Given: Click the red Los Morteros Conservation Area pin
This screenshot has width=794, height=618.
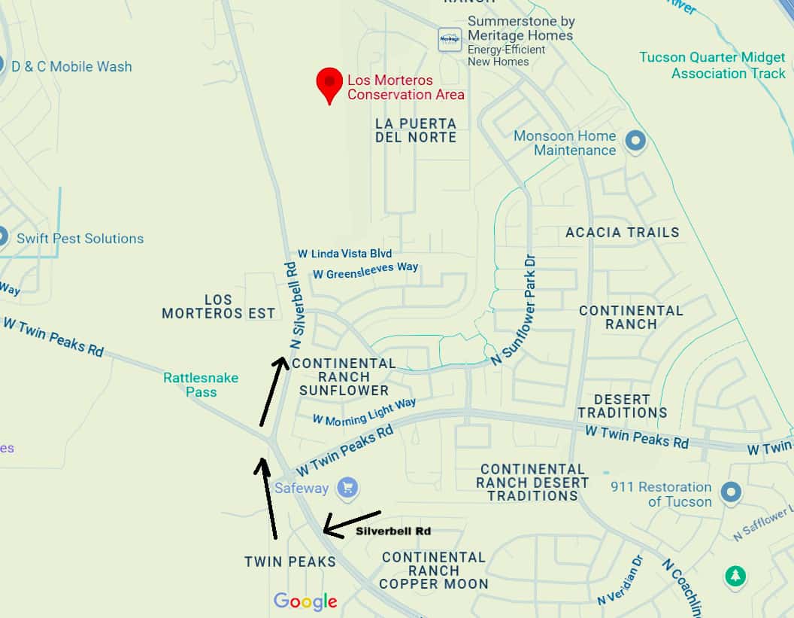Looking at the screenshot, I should point(329,84).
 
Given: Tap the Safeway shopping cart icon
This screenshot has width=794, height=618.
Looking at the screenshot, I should point(347,488).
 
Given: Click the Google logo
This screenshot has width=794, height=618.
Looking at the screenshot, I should point(305,601).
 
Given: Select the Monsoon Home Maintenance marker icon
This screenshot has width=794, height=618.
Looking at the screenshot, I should point(636,142).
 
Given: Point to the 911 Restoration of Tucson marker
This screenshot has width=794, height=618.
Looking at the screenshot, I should point(731,494).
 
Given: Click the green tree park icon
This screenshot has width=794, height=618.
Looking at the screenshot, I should point(735,577).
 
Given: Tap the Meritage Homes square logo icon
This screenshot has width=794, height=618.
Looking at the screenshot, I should point(450,39).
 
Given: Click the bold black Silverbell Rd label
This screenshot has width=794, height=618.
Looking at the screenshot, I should point(393,531).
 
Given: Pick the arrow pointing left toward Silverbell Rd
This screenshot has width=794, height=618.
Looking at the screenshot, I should point(352,522).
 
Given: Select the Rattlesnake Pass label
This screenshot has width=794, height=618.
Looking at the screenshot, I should point(202,385).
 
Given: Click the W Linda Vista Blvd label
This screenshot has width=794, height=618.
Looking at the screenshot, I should point(344,254).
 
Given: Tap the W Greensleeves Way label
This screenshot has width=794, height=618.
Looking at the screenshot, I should point(365,271).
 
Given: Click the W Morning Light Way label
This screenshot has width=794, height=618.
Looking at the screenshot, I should point(364,413).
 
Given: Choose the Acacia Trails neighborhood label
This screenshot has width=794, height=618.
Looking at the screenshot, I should point(622,233).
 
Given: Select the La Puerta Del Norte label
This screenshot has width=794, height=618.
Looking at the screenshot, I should point(416,130).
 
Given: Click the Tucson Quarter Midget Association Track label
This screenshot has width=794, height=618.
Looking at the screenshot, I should point(712,65).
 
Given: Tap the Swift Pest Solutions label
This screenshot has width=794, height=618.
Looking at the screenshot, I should point(80,239).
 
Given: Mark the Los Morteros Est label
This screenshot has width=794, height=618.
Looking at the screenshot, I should point(218,307).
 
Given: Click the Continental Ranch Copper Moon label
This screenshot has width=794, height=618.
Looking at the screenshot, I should point(433,570).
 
